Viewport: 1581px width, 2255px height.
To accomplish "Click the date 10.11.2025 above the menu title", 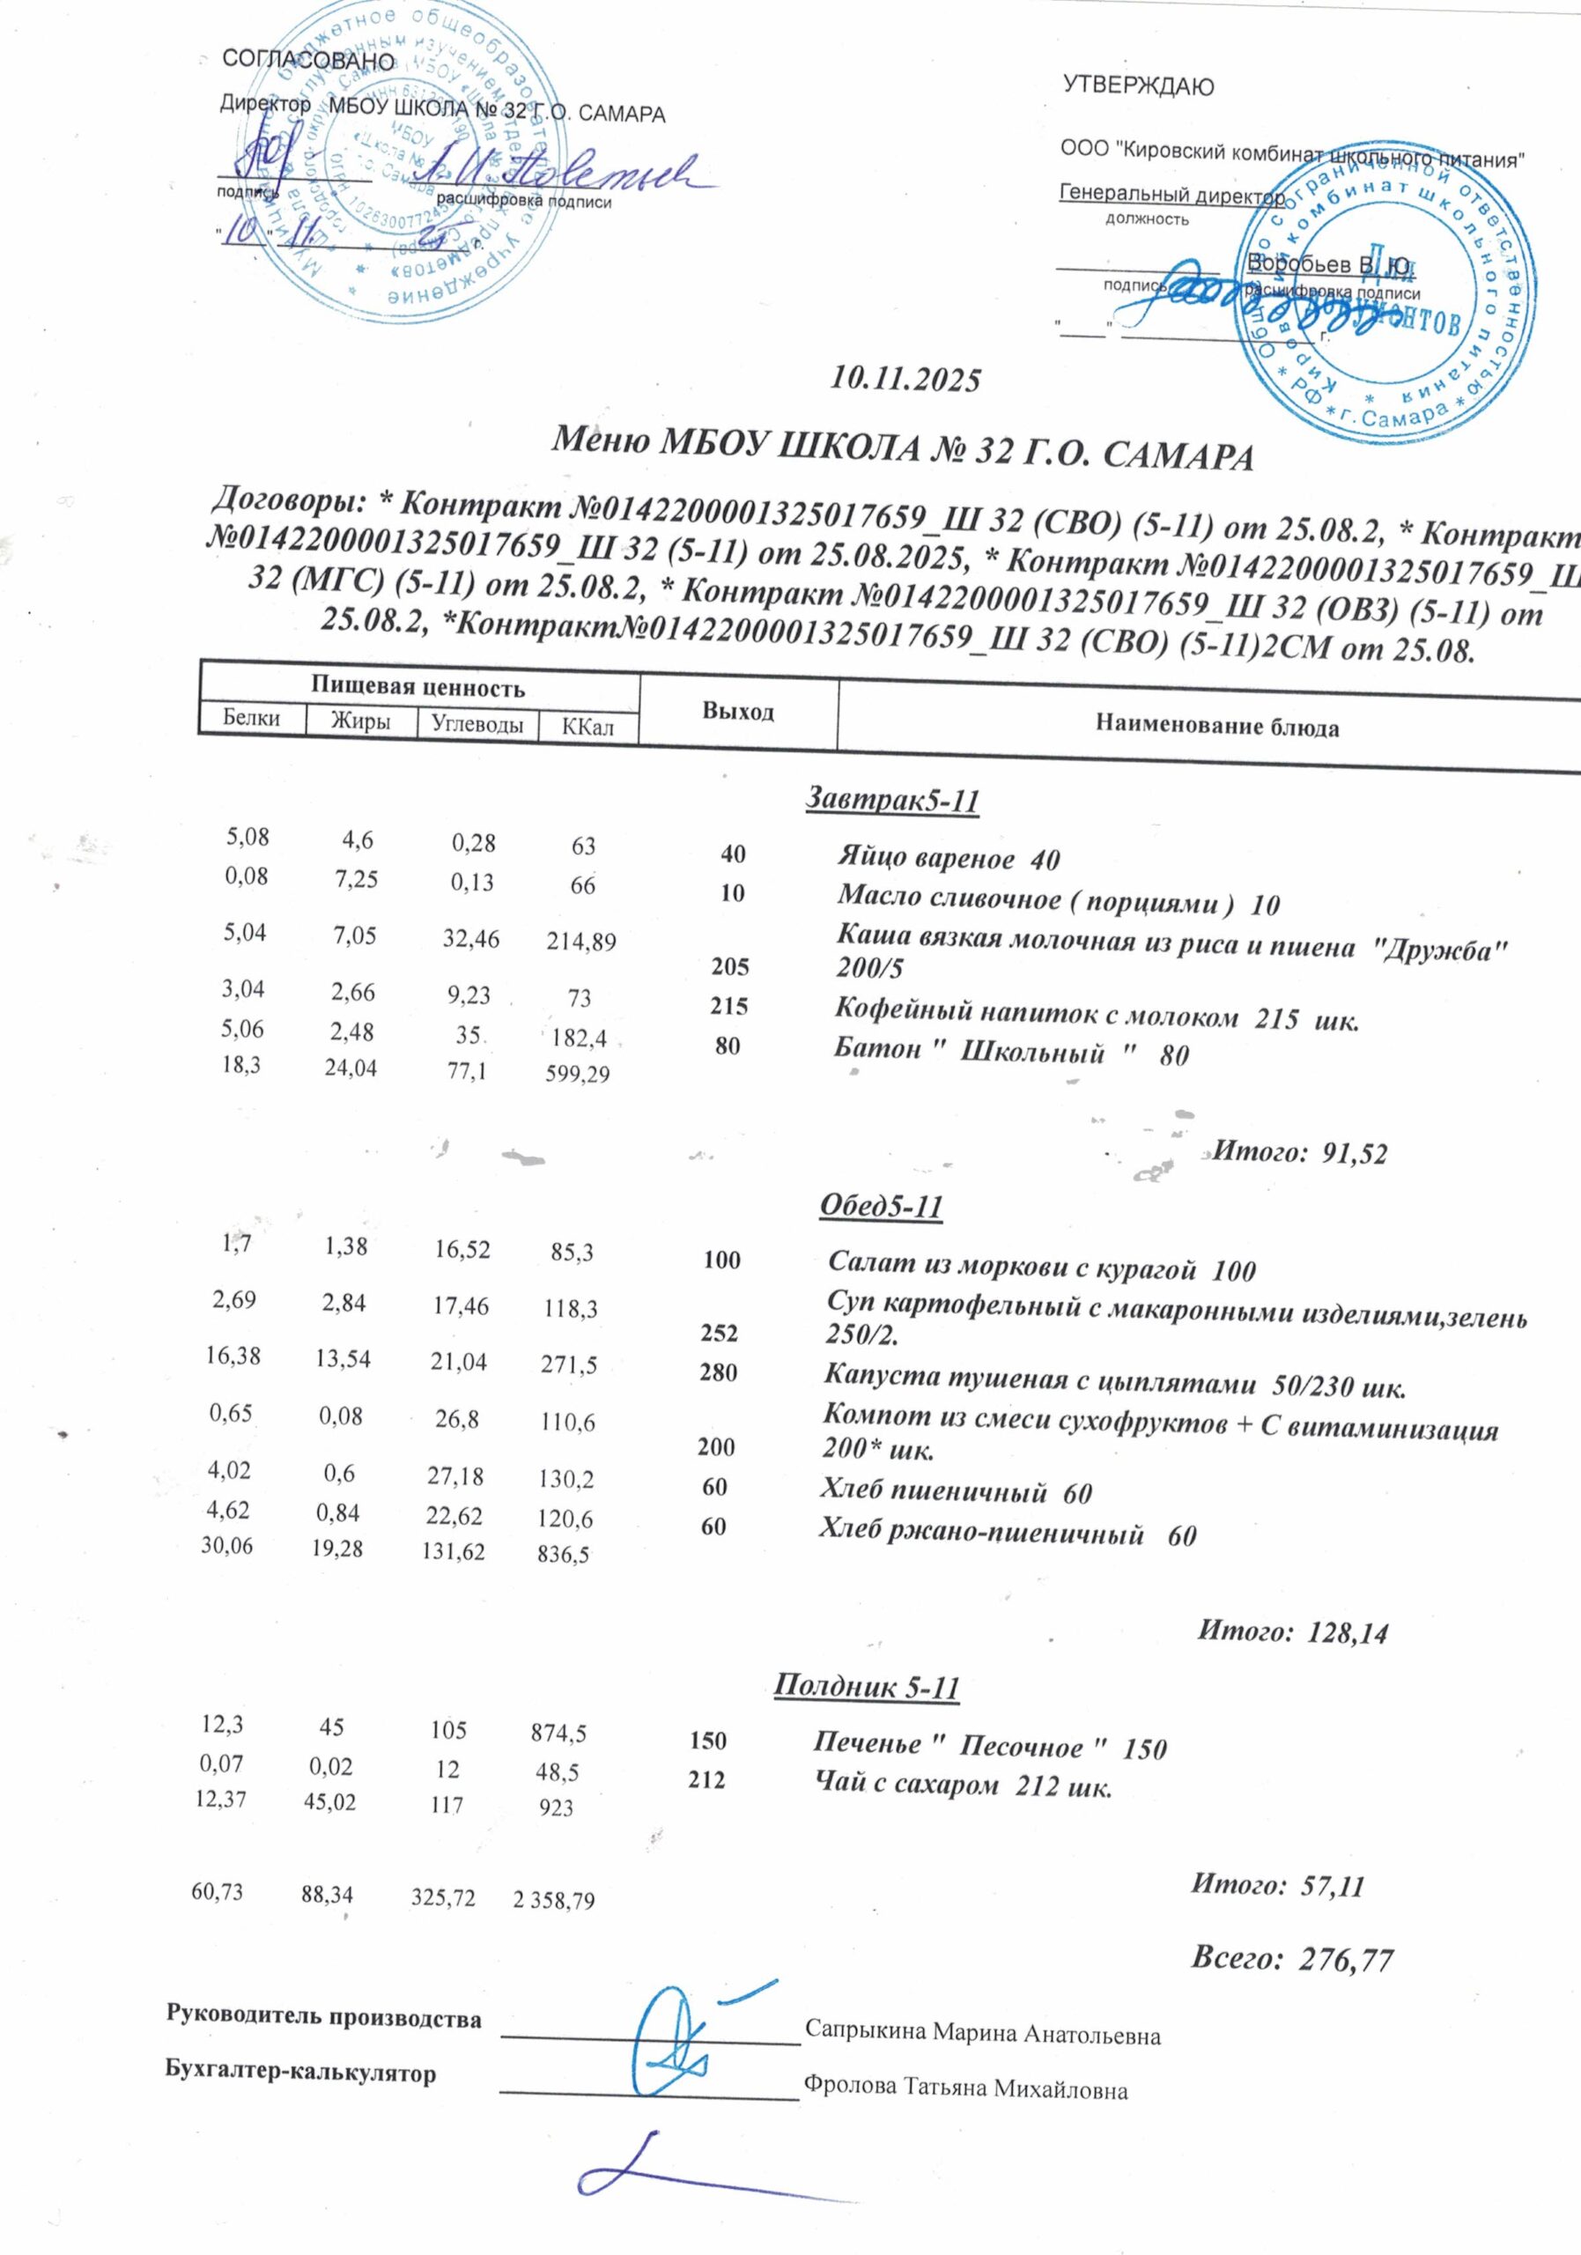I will (x=905, y=379).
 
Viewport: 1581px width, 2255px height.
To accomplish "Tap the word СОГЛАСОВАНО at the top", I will (x=308, y=60).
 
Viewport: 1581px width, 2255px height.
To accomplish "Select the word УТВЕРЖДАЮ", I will (x=1138, y=86).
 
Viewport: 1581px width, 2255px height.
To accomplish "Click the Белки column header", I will (x=251, y=718).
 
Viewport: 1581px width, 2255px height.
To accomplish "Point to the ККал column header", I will (x=587, y=727).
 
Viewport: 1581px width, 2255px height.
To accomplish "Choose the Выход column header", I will (x=738, y=711).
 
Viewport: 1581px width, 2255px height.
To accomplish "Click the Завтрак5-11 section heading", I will (x=892, y=801).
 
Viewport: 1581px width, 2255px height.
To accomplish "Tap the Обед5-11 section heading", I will (x=880, y=1206).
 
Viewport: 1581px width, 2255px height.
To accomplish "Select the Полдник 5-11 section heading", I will (x=866, y=1688).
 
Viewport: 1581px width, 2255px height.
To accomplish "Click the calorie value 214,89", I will (x=582, y=943).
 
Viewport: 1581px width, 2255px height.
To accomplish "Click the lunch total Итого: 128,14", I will (x=1293, y=1632).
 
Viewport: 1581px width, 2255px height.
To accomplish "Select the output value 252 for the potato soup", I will (x=719, y=1334).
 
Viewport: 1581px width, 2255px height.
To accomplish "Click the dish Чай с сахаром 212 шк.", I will (x=963, y=1784).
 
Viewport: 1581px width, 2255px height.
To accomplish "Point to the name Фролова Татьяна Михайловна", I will (x=965, y=2089).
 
